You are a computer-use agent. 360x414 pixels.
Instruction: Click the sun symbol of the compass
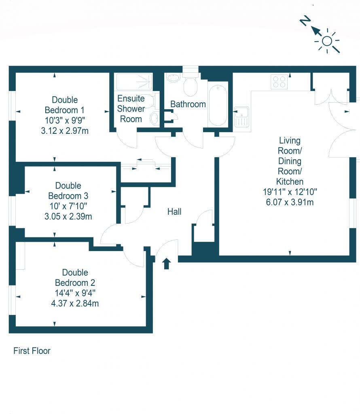327,41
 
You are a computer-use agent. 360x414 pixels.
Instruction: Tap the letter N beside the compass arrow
305,21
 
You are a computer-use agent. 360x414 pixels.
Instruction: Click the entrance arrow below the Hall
166,264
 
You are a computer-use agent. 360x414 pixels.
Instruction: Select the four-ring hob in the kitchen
279,82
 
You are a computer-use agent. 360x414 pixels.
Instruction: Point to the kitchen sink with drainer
241,116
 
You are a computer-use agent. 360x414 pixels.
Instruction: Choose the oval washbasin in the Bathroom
174,77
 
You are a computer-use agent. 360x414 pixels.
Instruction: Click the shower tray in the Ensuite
133,82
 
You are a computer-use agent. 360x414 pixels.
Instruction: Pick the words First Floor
32,351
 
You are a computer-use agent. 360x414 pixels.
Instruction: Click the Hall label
175,211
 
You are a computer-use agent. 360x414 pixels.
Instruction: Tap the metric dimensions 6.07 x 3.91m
290,202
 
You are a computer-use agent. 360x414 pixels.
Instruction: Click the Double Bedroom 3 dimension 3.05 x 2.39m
68,216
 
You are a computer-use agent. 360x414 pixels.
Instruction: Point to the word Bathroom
188,104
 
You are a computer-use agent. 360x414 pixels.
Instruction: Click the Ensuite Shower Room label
131,109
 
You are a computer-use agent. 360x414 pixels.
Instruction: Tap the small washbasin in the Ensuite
154,118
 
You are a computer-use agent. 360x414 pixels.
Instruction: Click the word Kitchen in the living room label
290,182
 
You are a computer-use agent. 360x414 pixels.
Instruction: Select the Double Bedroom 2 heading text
75,277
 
